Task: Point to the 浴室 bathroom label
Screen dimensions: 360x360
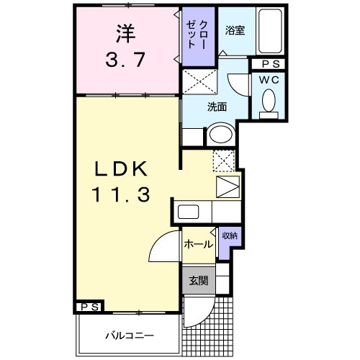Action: coord(234,30)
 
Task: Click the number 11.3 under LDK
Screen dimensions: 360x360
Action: coord(121,194)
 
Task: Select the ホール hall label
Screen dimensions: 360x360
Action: coord(197,244)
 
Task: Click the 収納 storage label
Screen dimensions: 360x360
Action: coord(229,235)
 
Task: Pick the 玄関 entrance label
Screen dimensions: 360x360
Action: coord(199,281)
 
